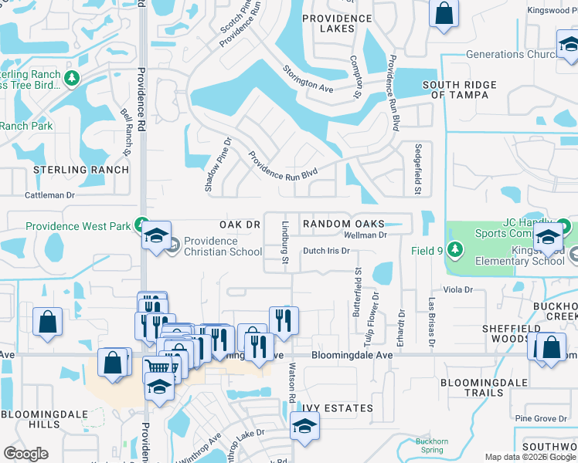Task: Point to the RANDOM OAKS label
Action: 344,224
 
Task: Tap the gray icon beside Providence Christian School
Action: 175,246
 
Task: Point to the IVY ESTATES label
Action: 338,408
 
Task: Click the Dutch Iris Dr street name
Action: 326,251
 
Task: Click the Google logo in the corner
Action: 25,454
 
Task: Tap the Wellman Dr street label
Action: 365,235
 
